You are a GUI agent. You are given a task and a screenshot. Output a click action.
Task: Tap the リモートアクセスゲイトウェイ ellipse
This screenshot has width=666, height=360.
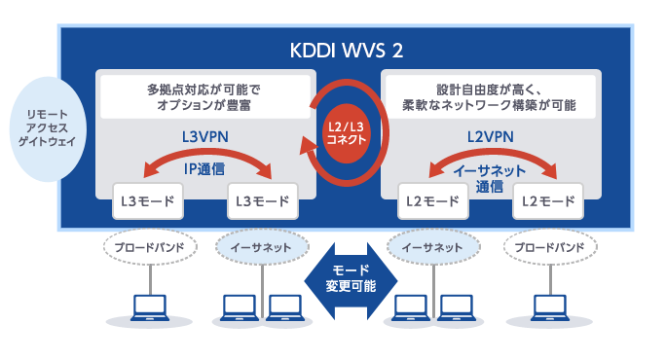point(40,128)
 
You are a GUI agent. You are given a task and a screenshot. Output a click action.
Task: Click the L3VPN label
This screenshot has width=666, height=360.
point(204,137)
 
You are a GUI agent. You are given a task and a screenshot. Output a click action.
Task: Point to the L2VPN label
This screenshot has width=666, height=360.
point(491,137)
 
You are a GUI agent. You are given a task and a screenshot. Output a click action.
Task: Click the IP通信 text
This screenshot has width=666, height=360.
point(204,168)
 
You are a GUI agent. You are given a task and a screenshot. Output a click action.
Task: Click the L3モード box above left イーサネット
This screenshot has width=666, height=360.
point(260,202)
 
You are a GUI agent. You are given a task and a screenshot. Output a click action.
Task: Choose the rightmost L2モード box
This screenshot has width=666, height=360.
point(544,202)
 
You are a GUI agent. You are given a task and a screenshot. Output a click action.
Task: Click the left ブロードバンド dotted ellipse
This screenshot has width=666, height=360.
point(150,248)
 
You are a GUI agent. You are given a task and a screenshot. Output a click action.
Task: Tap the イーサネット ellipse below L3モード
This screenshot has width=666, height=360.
point(260,248)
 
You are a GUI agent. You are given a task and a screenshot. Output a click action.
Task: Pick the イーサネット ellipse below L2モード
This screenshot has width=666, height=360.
point(433,248)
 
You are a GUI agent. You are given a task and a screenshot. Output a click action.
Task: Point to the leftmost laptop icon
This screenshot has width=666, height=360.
point(149,308)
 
